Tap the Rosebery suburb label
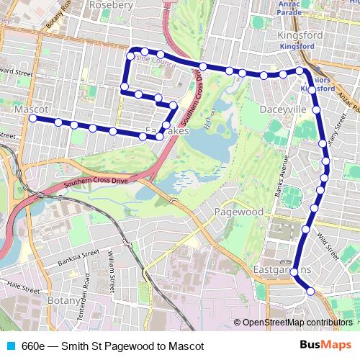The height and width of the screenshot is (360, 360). click(x=110, y=5)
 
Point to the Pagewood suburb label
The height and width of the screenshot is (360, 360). click(x=239, y=212)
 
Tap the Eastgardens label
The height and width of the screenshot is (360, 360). click(x=282, y=269)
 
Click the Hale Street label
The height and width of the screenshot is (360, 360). click(x=22, y=285)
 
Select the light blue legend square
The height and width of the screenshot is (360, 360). click(x=10, y=346)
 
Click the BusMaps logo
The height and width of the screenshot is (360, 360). click(x=325, y=345)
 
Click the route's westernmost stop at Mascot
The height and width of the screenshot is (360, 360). click(x=32, y=117)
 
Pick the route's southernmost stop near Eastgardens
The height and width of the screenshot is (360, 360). click(x=310, y=292)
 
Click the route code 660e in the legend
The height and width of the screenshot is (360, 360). click(x=33, y=346)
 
